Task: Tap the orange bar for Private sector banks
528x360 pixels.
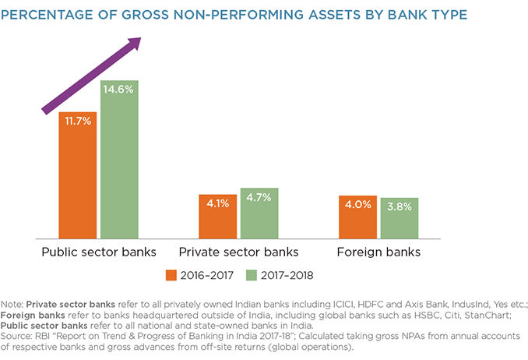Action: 218,217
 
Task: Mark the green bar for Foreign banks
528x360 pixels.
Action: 400,219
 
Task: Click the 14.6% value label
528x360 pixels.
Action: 119,90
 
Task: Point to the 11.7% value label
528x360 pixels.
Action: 78,121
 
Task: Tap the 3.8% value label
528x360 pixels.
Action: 400,206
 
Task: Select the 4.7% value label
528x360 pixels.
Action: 259,197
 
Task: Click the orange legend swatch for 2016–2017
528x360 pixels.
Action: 171,274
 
